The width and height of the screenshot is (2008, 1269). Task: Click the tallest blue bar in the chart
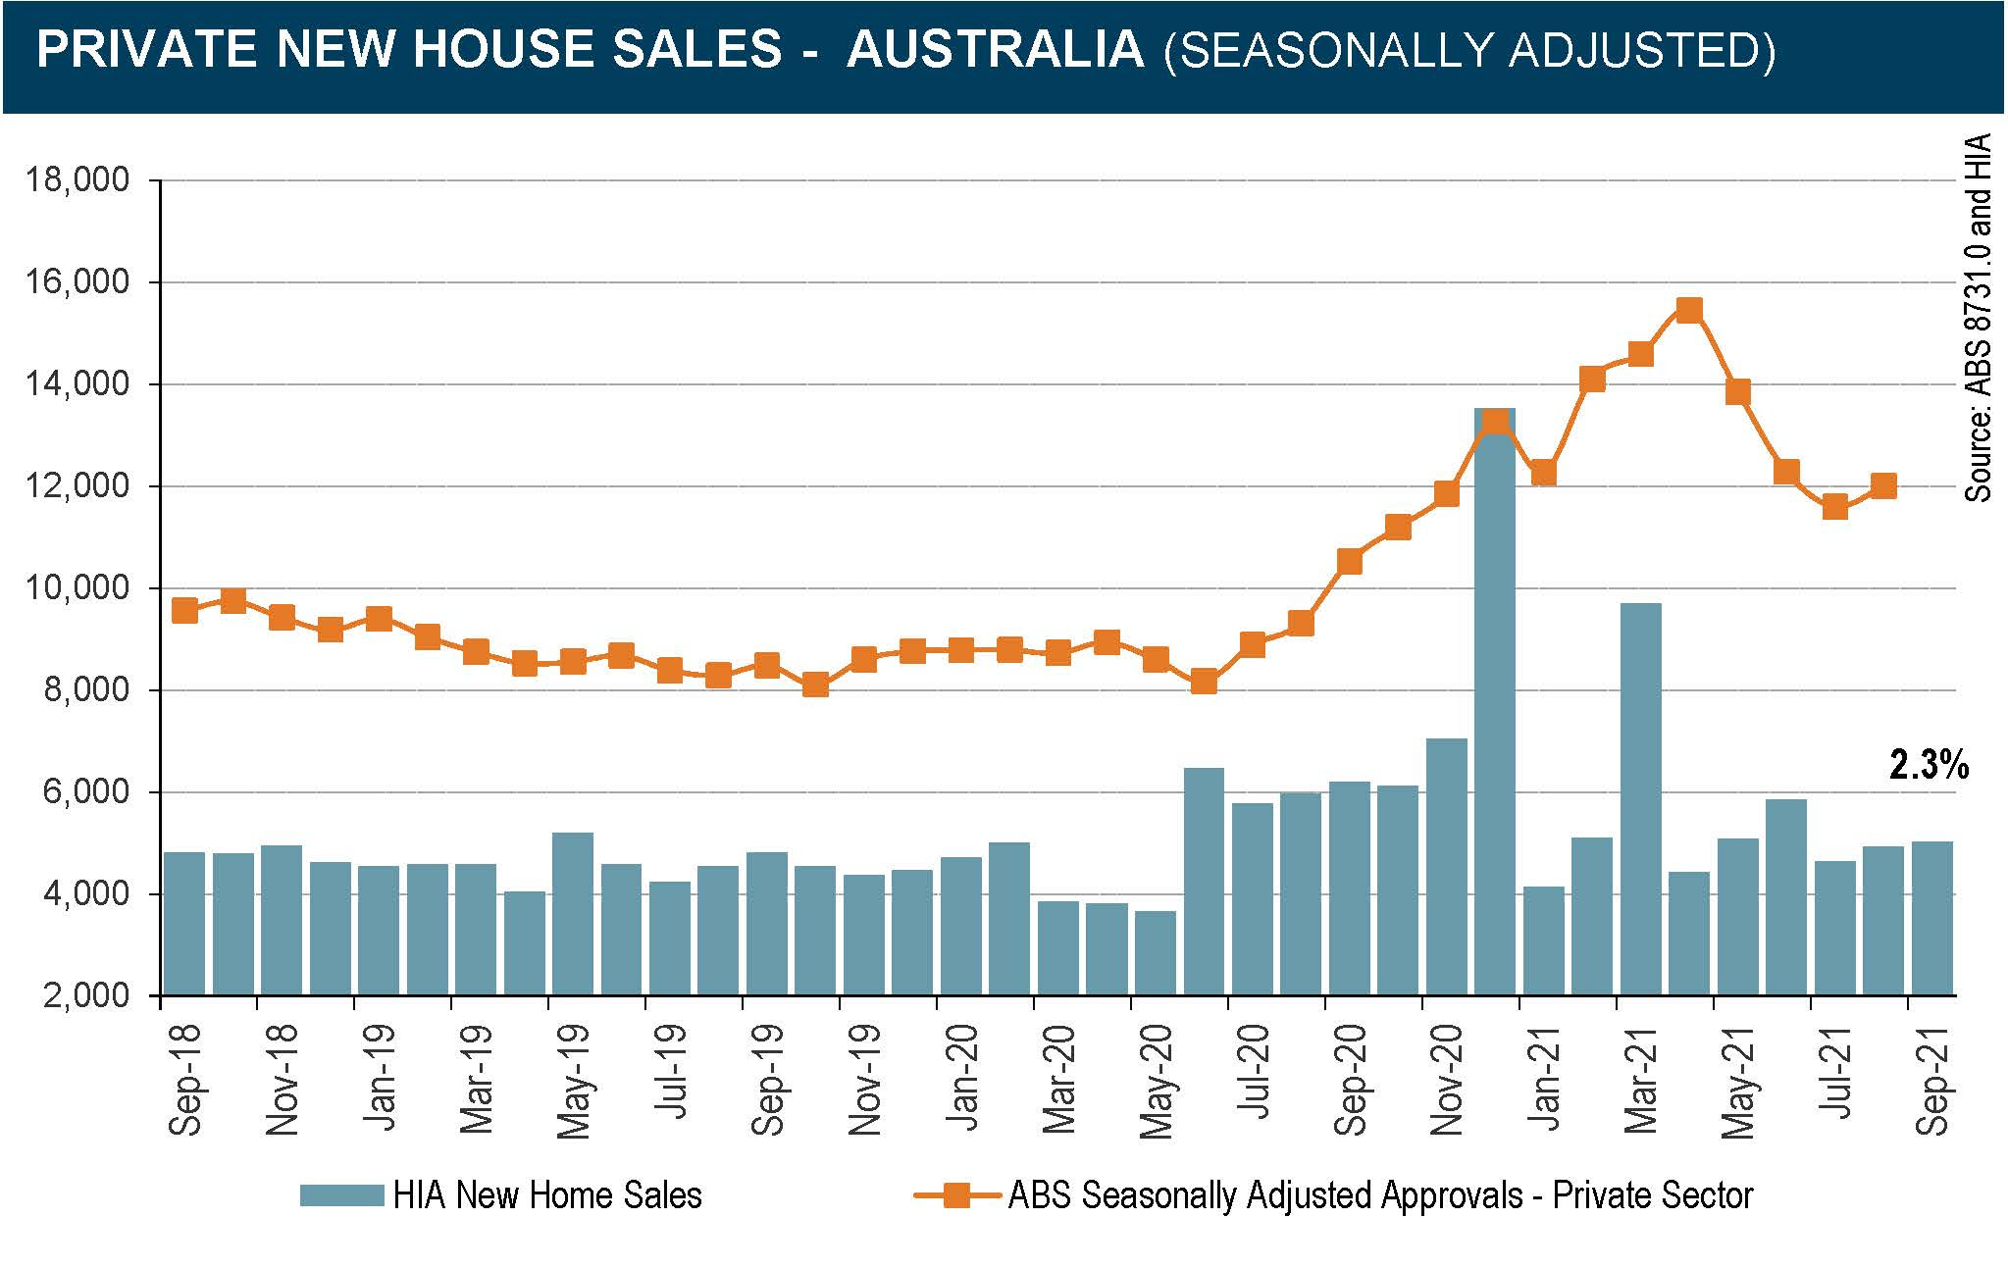tap(1494, 701)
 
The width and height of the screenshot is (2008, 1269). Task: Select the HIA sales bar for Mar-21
tap(1640, 799)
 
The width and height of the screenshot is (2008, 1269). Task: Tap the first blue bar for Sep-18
tap(184, 923)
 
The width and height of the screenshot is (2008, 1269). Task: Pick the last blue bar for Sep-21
tap(1931, 918)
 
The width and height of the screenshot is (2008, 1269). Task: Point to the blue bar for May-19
tap(572, 913)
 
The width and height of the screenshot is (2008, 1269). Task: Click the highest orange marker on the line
tap(1688, 311)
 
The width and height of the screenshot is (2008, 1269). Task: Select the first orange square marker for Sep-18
tap(184, 610)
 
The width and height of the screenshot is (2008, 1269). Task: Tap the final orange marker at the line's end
tap(1882, 485)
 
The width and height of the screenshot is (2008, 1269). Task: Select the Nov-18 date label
tap(282, 1079)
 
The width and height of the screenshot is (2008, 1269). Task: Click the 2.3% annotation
tap(1928, 765)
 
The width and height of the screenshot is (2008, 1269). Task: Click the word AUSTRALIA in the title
tap(995, 50)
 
